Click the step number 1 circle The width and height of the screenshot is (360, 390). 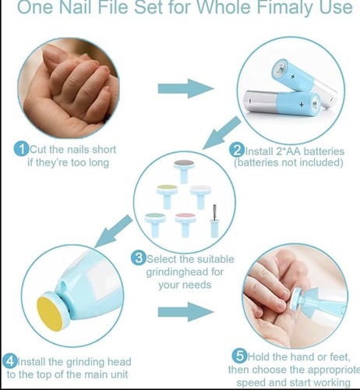click(x=21, y=149)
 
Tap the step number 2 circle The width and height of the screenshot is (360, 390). click(x=237, y=151)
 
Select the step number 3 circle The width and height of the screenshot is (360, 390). click(x=138, y=258)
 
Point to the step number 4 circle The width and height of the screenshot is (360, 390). click(x=9, y=361)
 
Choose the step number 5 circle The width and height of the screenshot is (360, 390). click(x=239, y=356)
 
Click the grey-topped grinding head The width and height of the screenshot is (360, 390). click(x=184, y=171)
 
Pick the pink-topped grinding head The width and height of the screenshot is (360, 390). click(x=185, y=225)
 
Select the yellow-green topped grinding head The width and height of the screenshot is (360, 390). click(x=167, y=197)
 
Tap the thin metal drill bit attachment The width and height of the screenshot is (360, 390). click(x=214, y=221)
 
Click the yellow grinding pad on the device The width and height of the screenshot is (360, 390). click(x=50, y=314)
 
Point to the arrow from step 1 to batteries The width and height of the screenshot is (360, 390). click(x=185, y=89)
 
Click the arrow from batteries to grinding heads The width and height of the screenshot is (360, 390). click(x=222, y=133)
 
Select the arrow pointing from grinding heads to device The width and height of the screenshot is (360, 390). click(x=114, y=231)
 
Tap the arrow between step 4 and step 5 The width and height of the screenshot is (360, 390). click(x=185, y=311)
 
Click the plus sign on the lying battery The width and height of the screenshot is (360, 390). click(x=302, y=105)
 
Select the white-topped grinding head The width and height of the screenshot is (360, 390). click(x=200, y=197)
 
